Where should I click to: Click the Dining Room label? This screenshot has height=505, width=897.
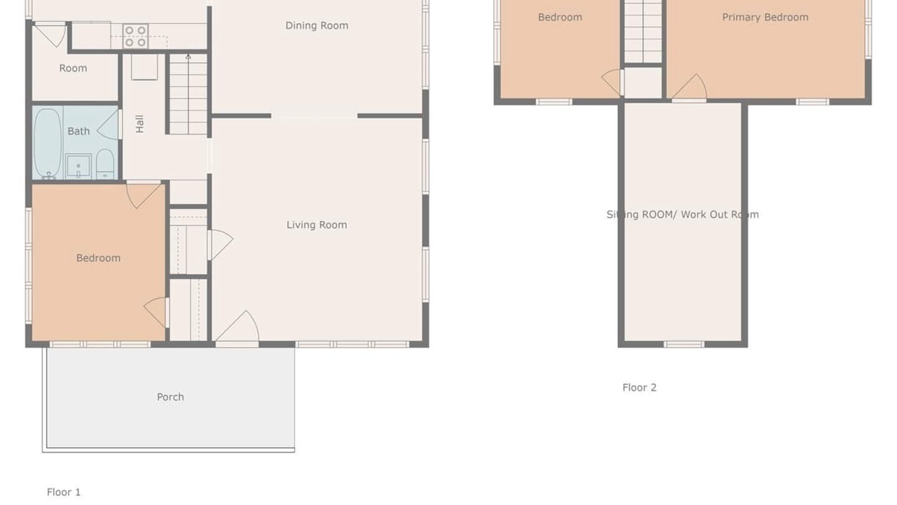pos(317,26)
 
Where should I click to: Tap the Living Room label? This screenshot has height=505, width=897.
pos(317,225)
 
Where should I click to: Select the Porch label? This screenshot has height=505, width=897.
pos(170,397)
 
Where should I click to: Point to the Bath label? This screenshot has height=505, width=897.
pos(78,131)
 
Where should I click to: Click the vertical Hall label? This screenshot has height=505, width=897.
pos(139,124)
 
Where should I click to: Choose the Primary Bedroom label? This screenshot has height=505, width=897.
pos(765,18)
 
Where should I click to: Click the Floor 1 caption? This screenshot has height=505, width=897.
pos(64,492)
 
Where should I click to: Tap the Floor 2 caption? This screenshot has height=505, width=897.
pos(640,387)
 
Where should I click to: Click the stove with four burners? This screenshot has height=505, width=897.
pos(135,36)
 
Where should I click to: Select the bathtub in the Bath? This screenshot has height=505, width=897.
pos(47,143)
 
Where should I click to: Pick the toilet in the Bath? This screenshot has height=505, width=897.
pos(105,164)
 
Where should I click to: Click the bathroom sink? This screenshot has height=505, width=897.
pos(78,166)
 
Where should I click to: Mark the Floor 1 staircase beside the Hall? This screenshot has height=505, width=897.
pos(189,94)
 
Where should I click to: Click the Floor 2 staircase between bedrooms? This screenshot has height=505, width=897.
pos(643,32)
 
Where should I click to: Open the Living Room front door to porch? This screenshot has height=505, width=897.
pos(238,327)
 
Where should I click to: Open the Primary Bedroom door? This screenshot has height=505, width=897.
pos(689,88)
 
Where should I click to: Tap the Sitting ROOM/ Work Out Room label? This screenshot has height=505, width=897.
pos(683,215)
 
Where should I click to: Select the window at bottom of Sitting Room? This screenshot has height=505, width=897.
pos(683,344)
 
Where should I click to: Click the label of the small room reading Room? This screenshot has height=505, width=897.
pos(74,68)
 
